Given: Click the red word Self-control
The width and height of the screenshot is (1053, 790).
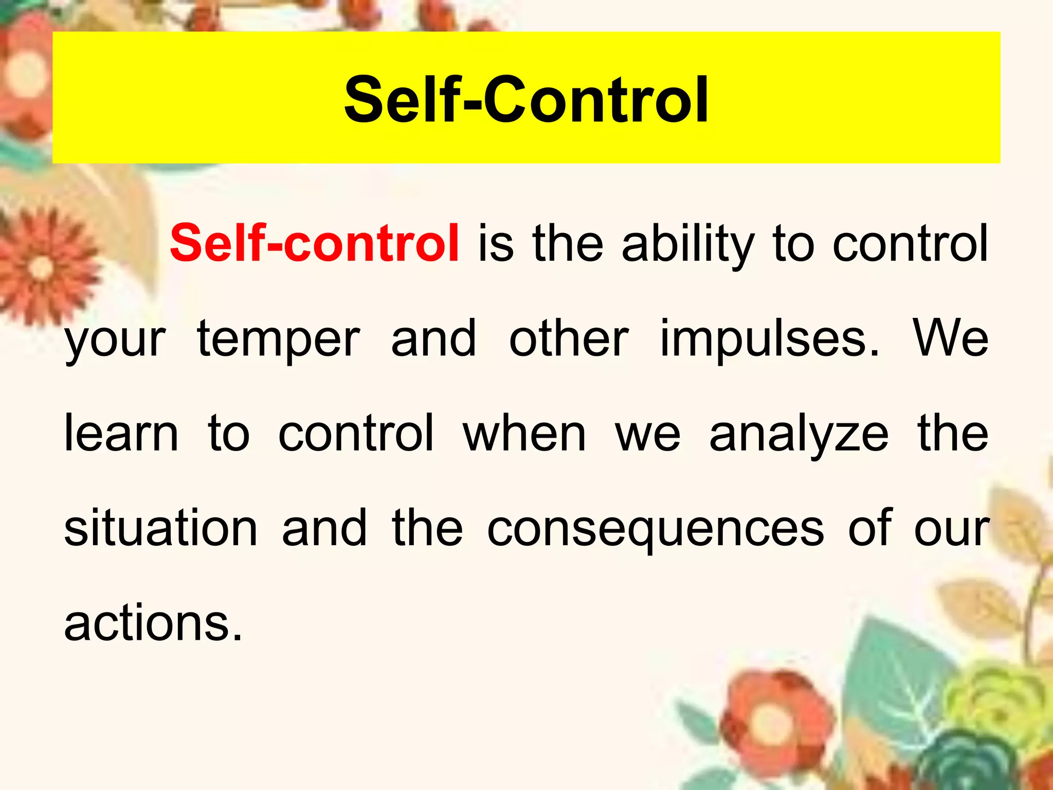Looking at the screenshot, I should coord(314,243).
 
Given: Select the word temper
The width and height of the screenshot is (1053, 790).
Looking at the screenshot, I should coord(278,339).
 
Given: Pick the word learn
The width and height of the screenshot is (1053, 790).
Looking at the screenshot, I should coord(121,434).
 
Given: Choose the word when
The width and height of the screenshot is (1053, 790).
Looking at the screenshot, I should coord(524,434).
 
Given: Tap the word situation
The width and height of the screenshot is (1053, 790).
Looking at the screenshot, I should coord(160,528).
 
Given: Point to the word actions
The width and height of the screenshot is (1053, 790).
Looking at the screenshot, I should coord(153,623).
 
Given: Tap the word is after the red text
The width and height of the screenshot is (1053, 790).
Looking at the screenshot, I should coord(496,243).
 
